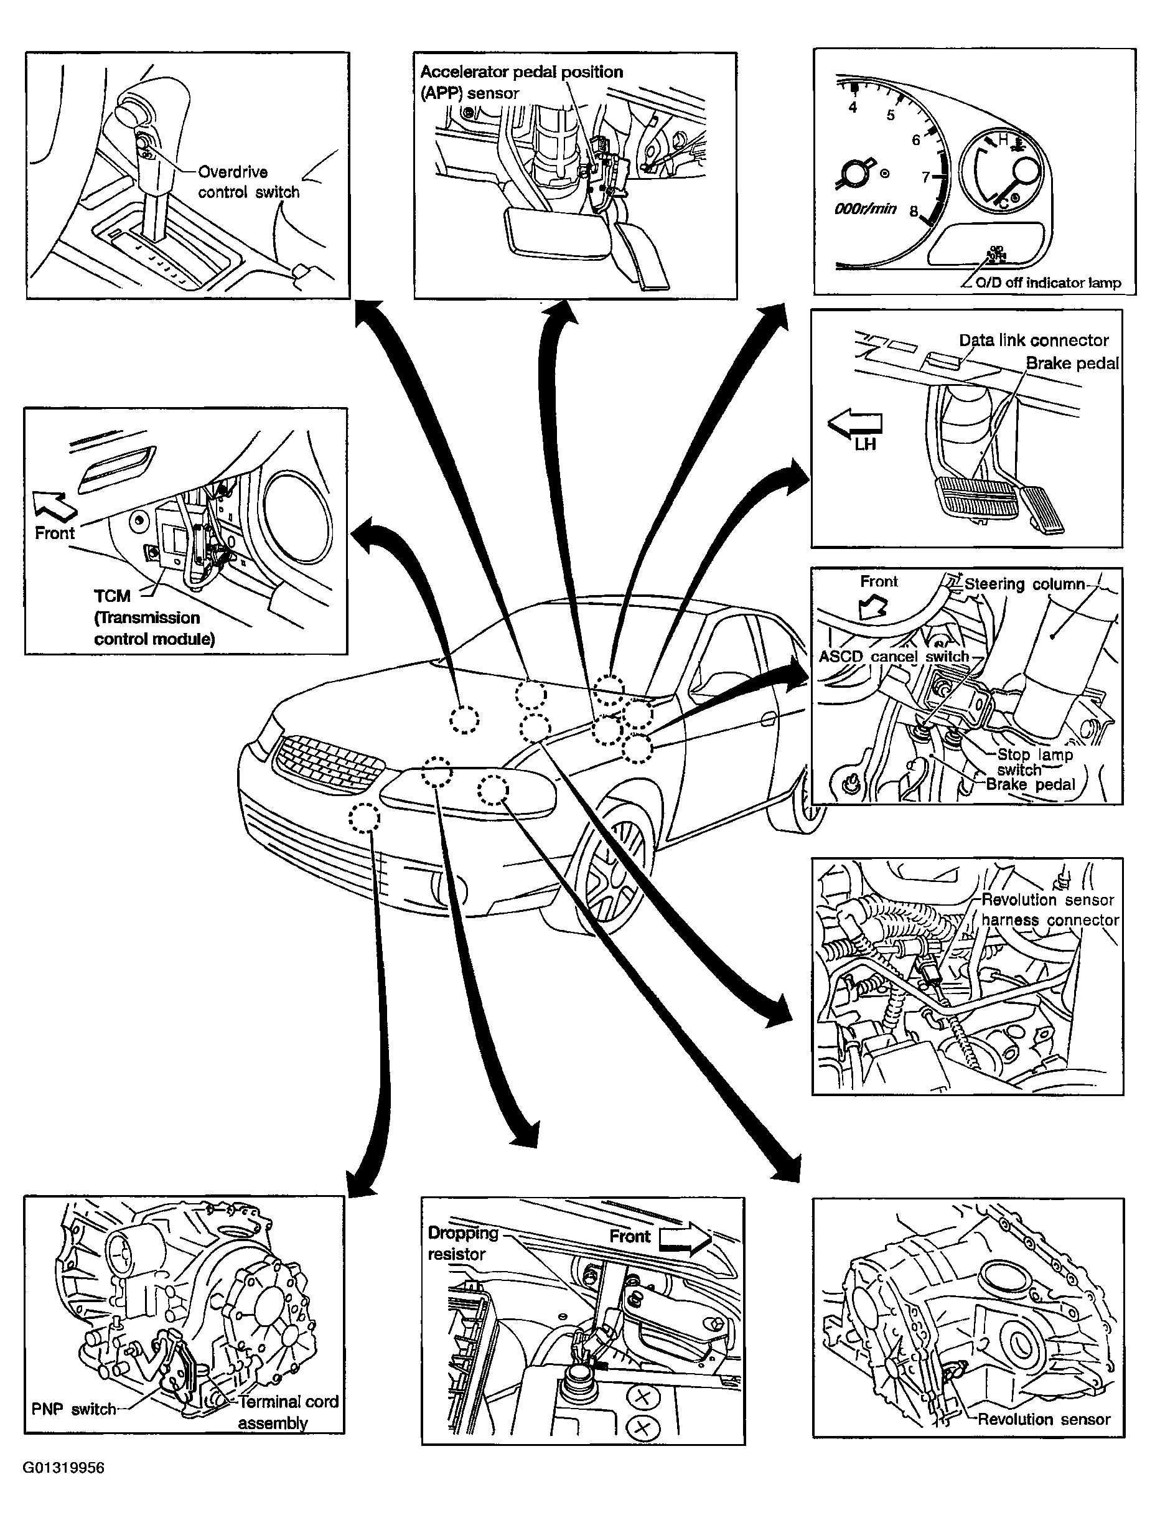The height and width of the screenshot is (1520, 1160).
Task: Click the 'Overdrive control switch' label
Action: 248,182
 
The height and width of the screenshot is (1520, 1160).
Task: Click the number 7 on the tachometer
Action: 926,177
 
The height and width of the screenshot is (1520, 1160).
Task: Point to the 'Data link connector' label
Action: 1034,340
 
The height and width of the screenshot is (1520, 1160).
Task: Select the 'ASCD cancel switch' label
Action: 894,656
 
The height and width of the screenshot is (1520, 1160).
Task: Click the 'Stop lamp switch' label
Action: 1034,762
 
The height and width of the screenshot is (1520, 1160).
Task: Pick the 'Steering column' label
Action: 1024,584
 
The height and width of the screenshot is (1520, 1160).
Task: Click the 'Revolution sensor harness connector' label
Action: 1049,909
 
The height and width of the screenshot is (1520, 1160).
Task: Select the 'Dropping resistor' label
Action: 462,1243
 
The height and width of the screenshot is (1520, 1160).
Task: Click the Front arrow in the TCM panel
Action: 55,505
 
